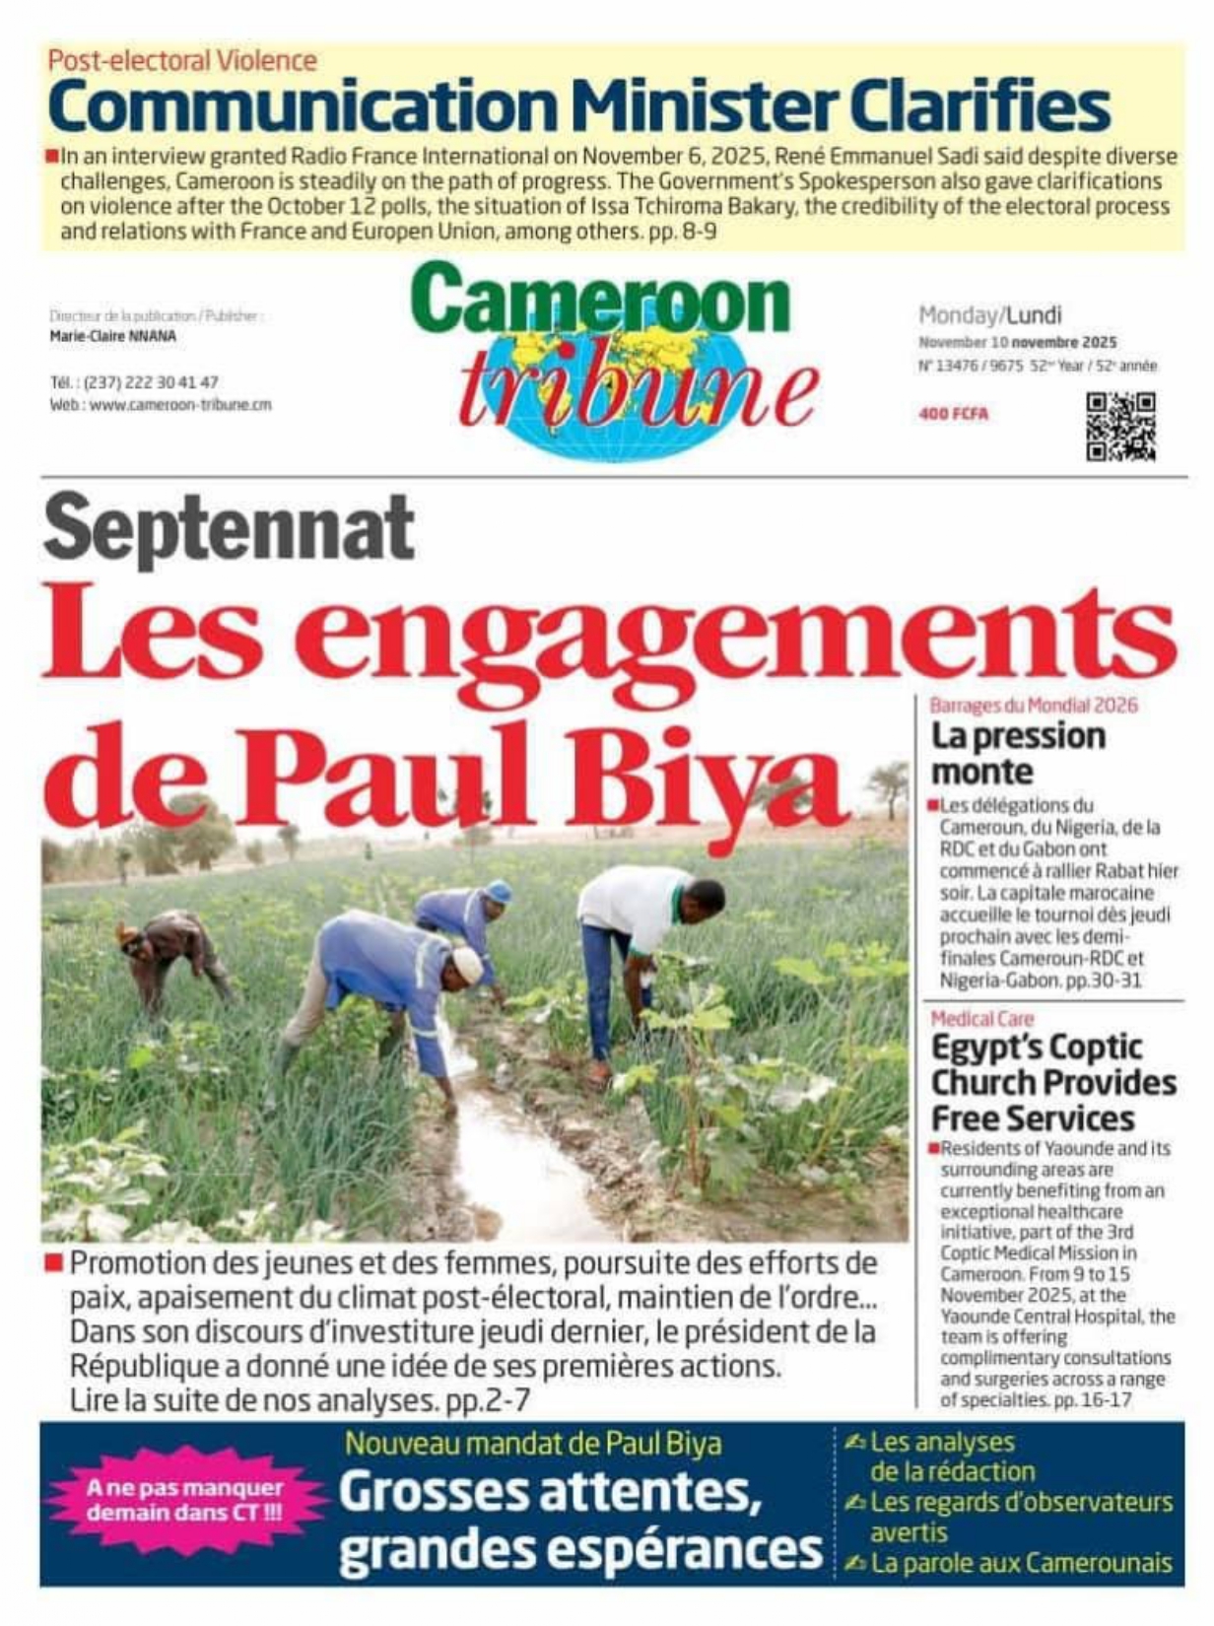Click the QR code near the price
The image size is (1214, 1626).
(1120, 427)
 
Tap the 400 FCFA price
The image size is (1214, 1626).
(953, 414)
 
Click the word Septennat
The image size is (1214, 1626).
(229, 529)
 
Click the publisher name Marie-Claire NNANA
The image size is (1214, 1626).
(112, 336)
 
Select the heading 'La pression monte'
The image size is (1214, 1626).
(1018, 753)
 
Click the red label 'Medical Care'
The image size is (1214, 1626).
(981, 1019)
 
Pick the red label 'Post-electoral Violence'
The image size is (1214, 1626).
(182, 61)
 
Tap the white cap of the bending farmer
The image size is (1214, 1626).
(467, 964)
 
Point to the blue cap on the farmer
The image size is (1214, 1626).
(499, 891)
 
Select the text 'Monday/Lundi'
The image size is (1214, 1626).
(989, 315)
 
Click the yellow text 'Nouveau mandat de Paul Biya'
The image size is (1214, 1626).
(533, 1444)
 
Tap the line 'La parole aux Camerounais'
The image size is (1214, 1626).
(1021, 1563)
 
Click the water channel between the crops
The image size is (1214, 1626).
(503, 1153)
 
